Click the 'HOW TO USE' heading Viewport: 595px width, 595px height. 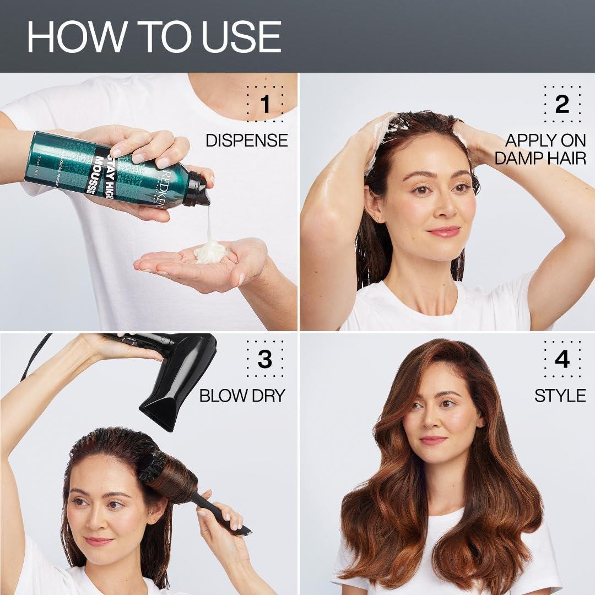154,37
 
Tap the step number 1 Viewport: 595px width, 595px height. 265,104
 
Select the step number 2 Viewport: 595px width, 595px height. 562,104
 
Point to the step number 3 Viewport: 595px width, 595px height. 265,359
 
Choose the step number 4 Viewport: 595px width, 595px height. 562,359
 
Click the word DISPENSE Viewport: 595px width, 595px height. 246,140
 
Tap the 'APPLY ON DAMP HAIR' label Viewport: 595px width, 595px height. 540,149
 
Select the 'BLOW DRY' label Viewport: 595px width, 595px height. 242,396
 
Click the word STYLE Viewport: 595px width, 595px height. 560,396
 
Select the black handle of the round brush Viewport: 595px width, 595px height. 220,512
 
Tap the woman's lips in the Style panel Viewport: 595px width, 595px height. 433,440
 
